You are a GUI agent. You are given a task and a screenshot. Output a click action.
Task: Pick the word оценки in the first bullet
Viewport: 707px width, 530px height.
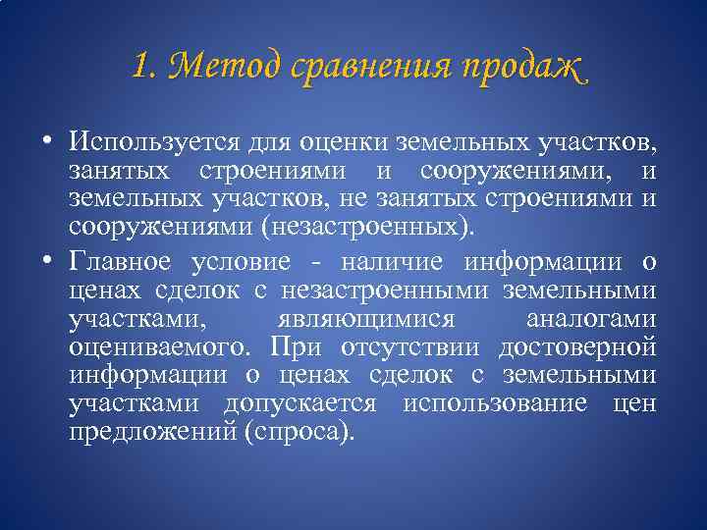coord(340,142)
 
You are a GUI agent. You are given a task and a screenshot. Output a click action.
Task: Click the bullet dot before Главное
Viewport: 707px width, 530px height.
coord(47,260)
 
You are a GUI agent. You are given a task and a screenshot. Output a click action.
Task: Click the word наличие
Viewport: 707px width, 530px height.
coord(390,262)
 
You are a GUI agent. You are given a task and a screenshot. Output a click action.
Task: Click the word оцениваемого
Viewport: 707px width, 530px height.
coord(158,349)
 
